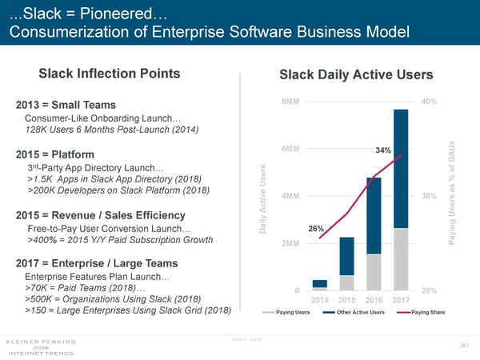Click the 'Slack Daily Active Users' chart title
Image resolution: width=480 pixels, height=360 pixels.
[x=356, y=75]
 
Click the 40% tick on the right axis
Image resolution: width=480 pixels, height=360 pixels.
[x=429, y=102]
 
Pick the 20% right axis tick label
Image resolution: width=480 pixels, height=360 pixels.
[x=429, y=290]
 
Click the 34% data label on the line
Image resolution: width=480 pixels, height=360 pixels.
[x=383, y=150]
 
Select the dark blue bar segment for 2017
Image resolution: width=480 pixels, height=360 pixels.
[x=401, y=168]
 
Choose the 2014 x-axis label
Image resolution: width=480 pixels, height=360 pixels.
[x=320, y=300]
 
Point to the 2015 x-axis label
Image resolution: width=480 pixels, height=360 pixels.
[x=347, y=300]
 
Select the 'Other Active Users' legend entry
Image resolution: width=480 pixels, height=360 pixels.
[x=359, y=312]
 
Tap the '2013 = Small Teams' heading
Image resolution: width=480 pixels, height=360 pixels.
[x=66, y=106]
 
